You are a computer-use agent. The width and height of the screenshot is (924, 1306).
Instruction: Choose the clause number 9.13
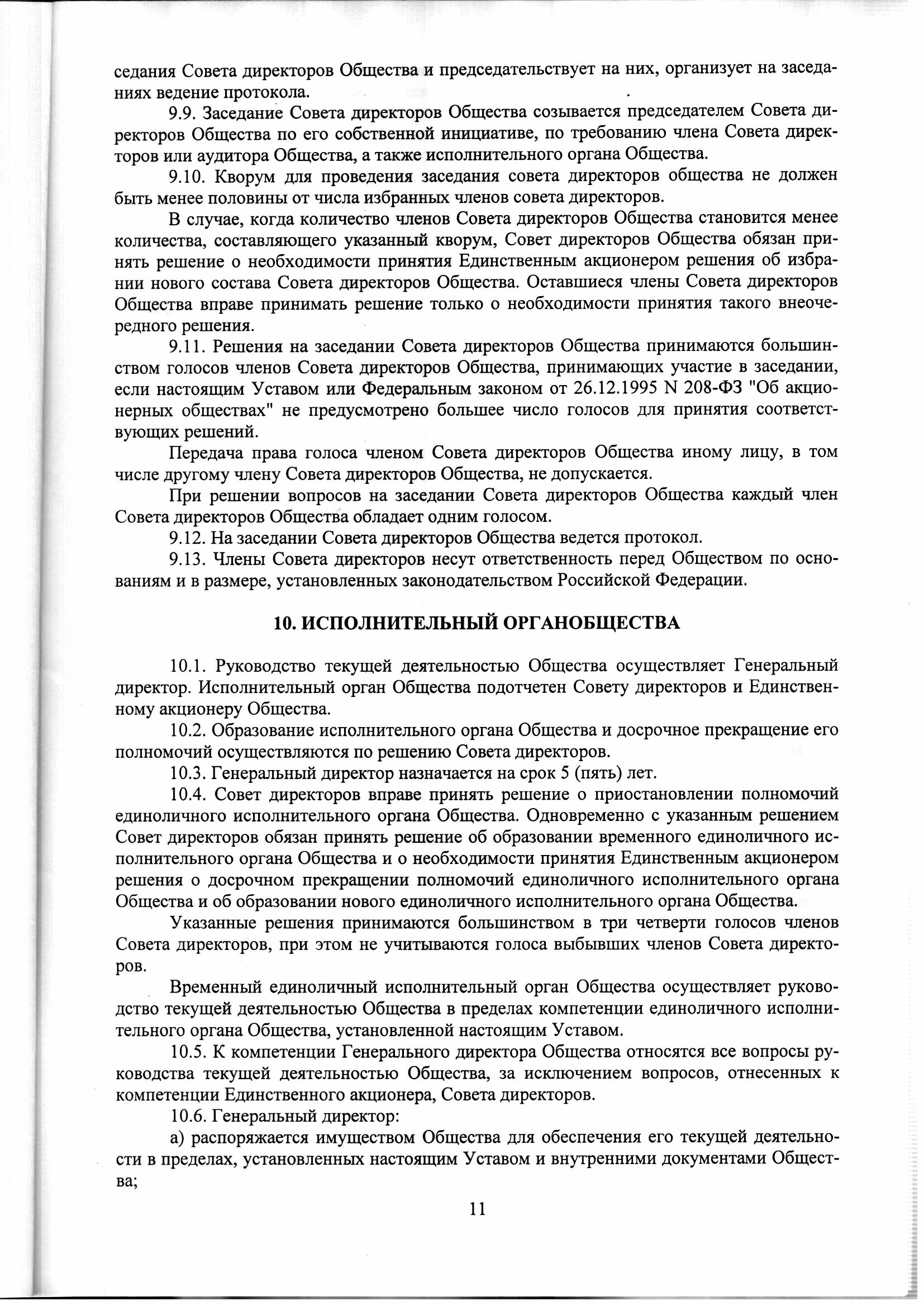[187, 559]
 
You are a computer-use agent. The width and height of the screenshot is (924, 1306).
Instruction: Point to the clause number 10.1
[187, 665]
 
